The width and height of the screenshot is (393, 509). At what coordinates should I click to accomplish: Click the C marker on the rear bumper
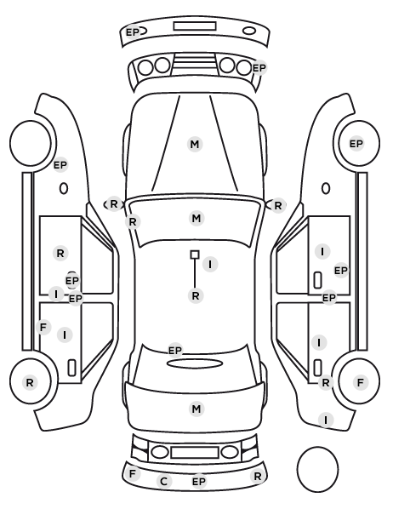click(164, 482)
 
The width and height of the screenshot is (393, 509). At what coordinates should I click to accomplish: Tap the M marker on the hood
click(195, 144)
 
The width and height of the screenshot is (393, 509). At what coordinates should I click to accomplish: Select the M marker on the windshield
click(196, 218)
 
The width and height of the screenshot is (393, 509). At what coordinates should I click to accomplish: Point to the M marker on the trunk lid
click(196, 409)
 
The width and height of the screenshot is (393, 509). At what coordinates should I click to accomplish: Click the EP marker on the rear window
click(175, 351)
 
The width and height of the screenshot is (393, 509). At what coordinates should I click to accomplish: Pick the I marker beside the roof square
click(210, 264)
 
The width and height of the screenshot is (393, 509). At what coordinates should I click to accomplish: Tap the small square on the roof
click(195, 254)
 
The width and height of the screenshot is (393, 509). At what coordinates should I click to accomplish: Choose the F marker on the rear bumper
click(132, 474)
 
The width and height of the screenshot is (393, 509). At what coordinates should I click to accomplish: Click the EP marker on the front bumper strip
click(133, 32)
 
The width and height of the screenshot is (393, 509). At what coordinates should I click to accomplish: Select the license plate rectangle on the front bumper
click(195, 26)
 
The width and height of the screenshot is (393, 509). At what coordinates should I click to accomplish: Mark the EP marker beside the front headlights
click(259, 68)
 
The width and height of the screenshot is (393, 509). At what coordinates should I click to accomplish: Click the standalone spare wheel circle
click(317, 469)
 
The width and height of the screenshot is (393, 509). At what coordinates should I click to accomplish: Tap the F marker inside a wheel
click(360, 383)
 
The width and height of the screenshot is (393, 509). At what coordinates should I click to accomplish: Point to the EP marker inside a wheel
click(356, 144)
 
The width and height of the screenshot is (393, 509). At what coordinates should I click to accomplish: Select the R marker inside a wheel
click(30, 383)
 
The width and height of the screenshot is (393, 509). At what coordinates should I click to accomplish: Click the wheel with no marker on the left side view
click(31, 144)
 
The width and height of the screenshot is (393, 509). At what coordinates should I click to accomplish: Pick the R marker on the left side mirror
click(114, 204)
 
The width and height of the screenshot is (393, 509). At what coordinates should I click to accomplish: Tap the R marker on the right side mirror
click(278, 205)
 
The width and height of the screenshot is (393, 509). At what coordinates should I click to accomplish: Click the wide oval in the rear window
click(195, 363)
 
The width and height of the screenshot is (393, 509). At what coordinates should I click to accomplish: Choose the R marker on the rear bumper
click(258, 477)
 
